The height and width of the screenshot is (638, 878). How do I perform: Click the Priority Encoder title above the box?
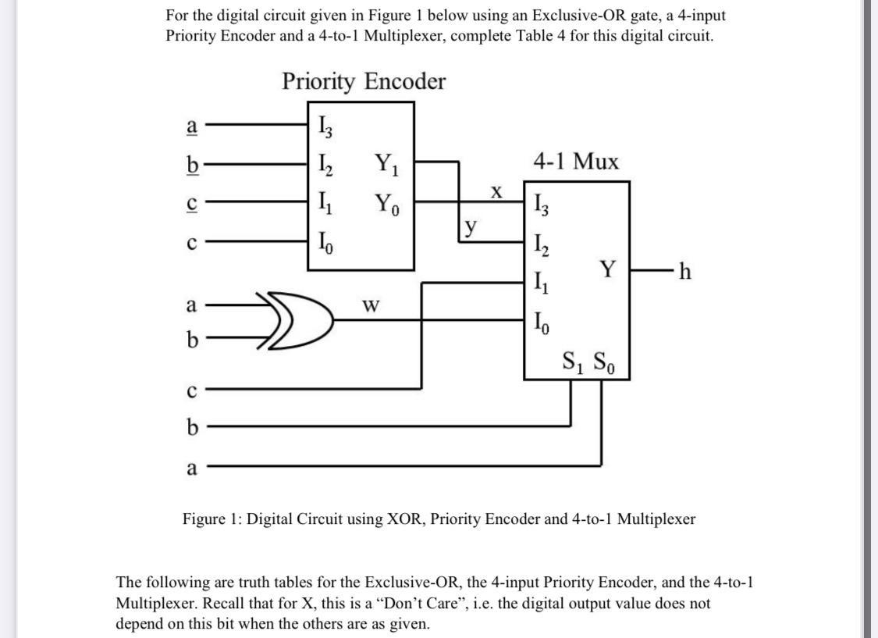(364, 82)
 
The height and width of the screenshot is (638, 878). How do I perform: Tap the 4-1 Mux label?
(576, 162)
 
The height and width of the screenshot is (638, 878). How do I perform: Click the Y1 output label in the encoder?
(386, 165)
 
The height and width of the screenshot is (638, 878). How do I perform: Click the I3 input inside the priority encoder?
(325, 124)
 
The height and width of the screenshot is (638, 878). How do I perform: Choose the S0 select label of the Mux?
(604, 363)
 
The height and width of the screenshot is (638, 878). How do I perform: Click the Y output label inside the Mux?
(607, 270)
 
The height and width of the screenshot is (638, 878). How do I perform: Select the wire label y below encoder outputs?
(470, 226)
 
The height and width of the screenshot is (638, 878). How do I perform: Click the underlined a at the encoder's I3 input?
(191, 124)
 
